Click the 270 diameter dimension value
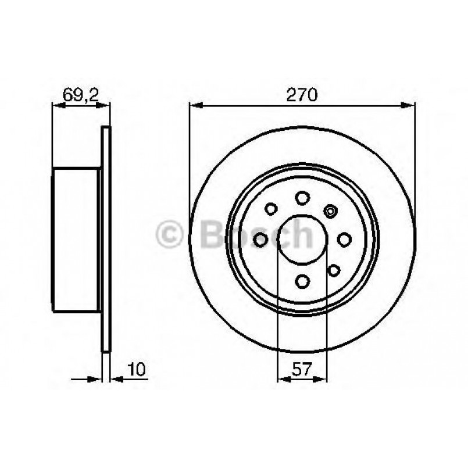click(302, 95)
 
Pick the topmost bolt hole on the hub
click(302, 198)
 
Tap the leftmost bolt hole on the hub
click(260, 240)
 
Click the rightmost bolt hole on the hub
click(344, 240)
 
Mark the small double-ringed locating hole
click(331, 210)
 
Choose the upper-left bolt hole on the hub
click(271, 208)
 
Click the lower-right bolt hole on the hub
click(334, 270)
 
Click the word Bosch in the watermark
click(256, 234)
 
